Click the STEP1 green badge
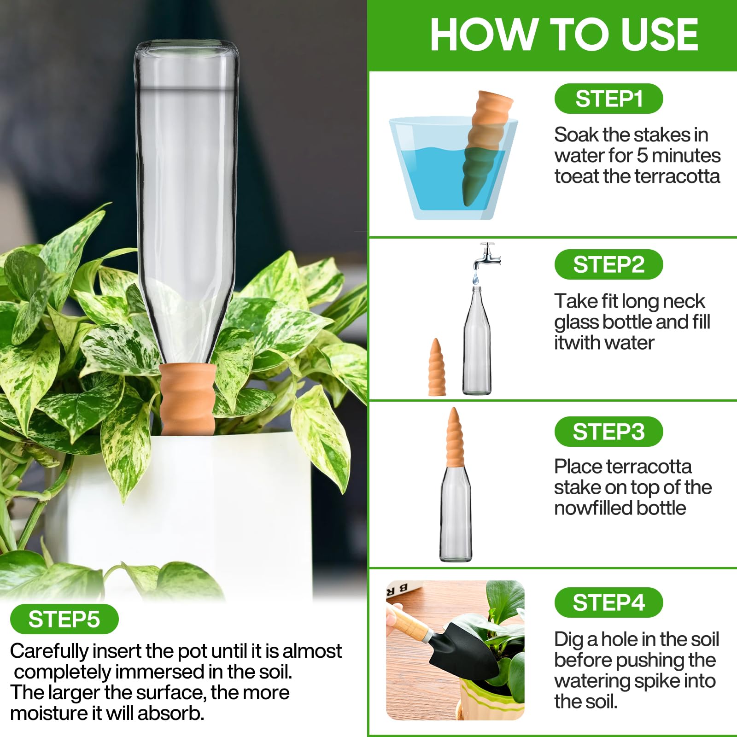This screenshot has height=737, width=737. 608,99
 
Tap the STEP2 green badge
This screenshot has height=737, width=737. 608,264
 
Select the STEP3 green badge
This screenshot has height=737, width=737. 608,432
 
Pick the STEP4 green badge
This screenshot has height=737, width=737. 608,602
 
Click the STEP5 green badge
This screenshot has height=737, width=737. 64,619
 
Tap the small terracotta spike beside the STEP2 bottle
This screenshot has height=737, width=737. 437,368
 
